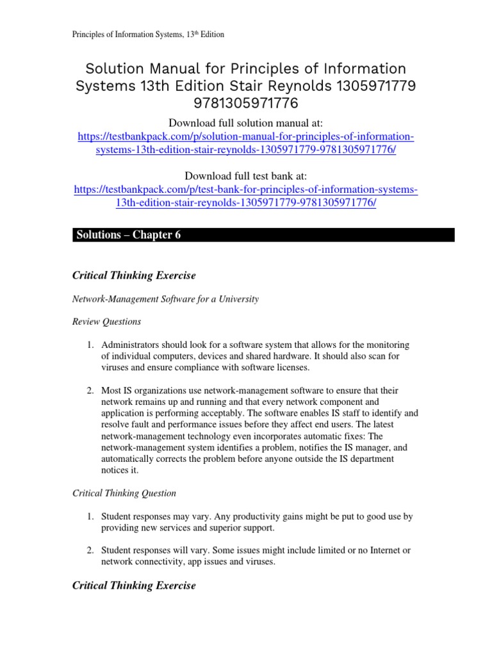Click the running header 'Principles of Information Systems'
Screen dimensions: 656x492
tap(147, 35)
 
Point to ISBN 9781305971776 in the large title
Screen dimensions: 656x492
tap(246, 104)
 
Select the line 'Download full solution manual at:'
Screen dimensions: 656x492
tap(246, 122)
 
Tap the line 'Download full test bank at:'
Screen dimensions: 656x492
tap(246, 176)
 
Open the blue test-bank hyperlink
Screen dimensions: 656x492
tap(246, 196)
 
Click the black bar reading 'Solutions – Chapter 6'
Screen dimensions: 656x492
tap(263, 235)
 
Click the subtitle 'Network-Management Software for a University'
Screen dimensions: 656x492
tap(165, 299)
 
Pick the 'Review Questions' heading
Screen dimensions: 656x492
tap(107, 322)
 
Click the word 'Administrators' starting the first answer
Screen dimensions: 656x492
tap(131, 345)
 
